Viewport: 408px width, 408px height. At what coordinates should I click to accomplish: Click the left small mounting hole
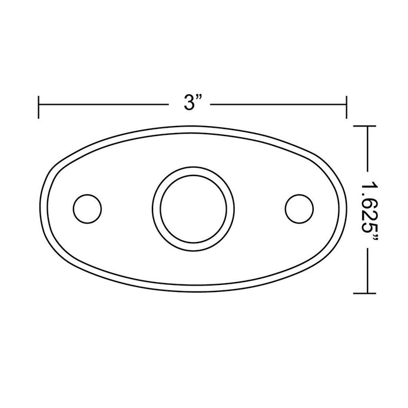point(87,208)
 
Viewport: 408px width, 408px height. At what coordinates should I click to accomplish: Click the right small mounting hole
point(299,208)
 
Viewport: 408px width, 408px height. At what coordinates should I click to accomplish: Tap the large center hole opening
point(193,209)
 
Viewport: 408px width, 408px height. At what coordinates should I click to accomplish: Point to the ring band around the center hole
point(193,170)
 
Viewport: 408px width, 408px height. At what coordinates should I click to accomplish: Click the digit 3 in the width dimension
point(189,102)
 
